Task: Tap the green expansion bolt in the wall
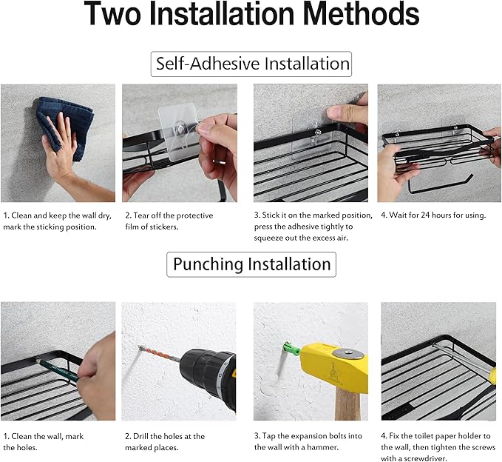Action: click(x=291, y=349)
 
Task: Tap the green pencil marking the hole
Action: click(x=58, y=370)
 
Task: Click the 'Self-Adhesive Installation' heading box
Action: click(x=251, y=64)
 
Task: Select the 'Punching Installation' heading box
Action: click(x=251, y=264)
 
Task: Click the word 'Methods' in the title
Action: click(x=361, y=13)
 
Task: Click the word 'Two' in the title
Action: click(x=112, y=13)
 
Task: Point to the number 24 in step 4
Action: click(x=425, y=215)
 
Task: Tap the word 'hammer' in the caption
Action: click(x=323, y=447)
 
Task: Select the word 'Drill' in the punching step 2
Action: click(x=140, y=436)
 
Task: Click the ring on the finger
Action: click(x=220, y=162)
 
